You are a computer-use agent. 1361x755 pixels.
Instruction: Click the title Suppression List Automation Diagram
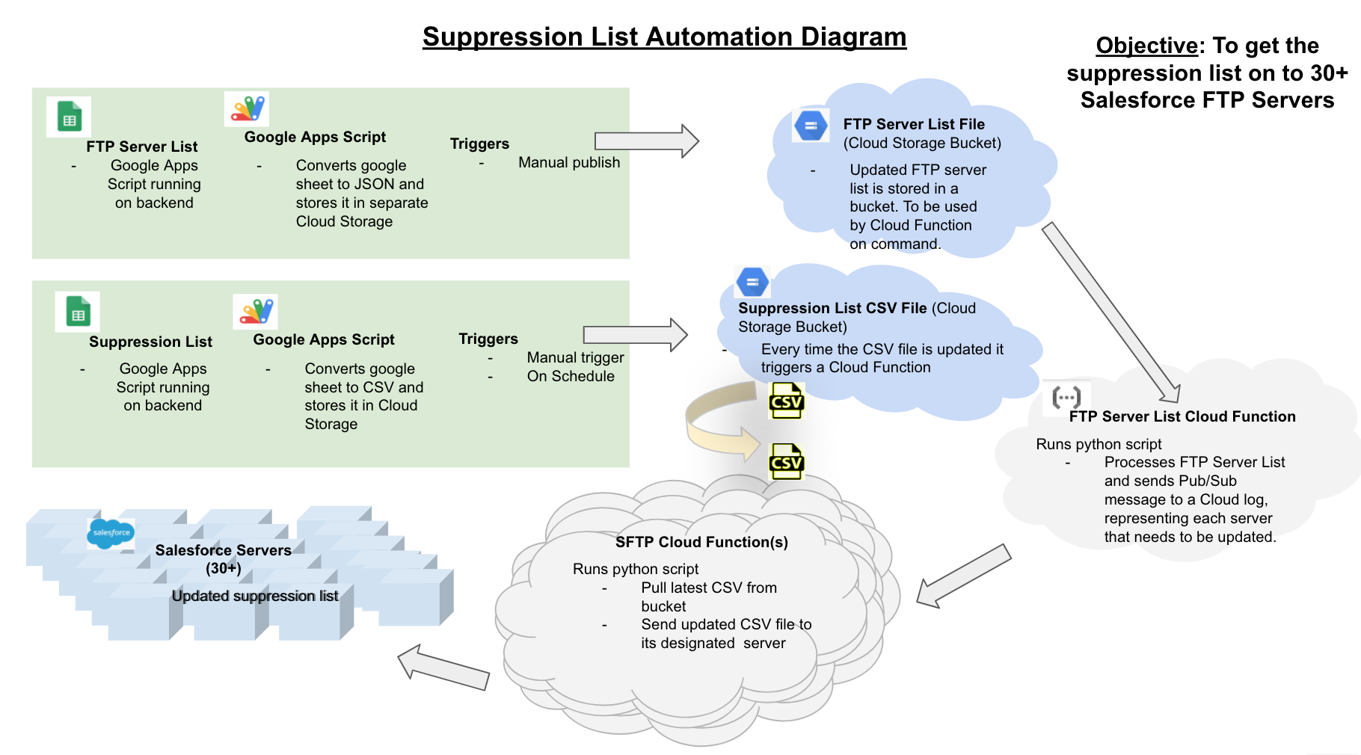(x=664, y=37)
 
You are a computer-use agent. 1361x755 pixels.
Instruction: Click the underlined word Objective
(x=1146, y=46)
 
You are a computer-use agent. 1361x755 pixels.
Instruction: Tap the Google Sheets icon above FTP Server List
(x=69, y=117)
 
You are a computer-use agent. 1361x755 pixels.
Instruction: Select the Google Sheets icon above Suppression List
(x=78, y=312)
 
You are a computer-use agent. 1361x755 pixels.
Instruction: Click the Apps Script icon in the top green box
(x=247, y=109)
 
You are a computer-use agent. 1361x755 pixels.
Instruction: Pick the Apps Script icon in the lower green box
(x=256, y=312)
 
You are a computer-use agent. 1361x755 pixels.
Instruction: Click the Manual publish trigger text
(x=569, y=162)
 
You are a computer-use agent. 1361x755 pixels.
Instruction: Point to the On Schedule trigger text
(x=571, y=376)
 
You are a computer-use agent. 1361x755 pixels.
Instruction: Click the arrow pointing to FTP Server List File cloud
(x=647, y=141)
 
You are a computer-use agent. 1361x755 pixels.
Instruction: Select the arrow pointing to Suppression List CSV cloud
(x=636, y=334)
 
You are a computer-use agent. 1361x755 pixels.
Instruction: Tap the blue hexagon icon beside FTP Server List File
(x=811, y=126)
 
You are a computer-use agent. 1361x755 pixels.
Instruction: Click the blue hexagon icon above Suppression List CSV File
(x=752, y=283)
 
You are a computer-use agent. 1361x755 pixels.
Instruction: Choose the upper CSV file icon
(x=786, y=401)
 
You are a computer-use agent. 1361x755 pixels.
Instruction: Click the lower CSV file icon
(x=786, y=462)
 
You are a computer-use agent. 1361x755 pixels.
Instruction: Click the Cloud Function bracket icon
(x=1066, y=397)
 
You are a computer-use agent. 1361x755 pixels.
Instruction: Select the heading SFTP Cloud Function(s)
(x=701, y=542)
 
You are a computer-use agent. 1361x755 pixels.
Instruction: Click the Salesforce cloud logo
(x=111, y=533)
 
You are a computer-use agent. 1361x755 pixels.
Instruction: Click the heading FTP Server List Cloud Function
(x=1182, y=416)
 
